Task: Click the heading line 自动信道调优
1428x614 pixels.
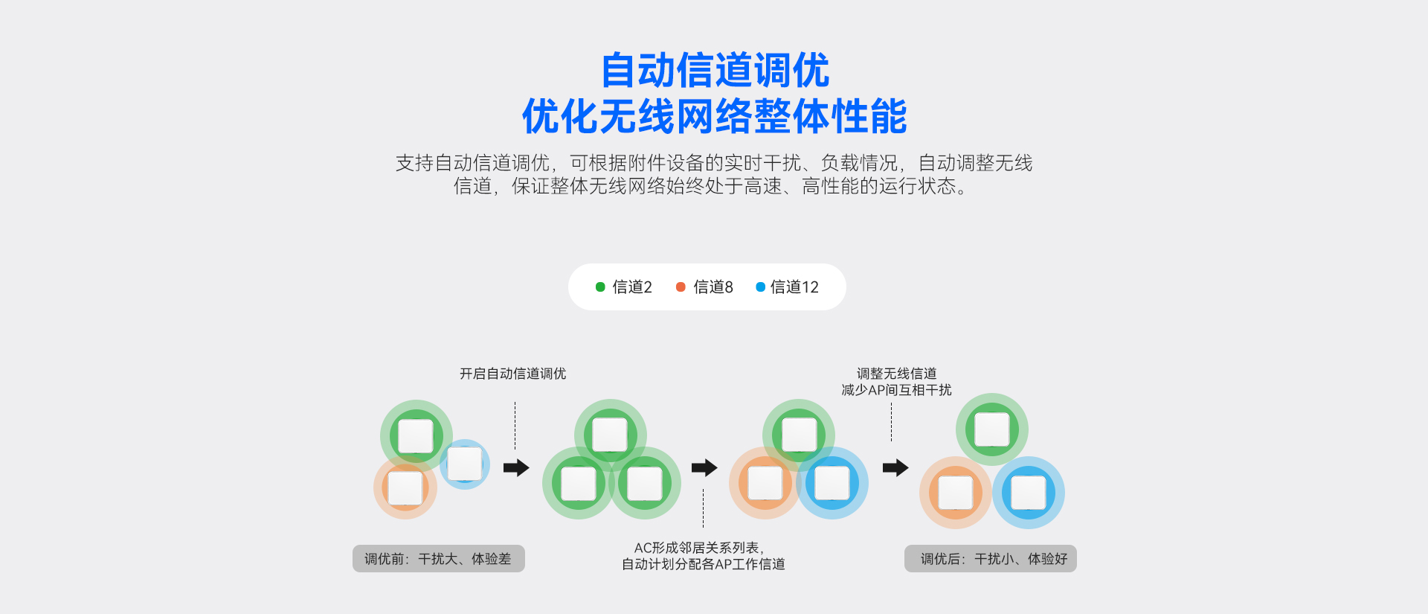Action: (x=714, y=71)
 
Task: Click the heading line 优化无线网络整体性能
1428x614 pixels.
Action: (x=714, y=117)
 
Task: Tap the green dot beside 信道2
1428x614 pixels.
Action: (x=600, y=287)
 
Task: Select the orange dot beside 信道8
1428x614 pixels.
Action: (x=681, y=287)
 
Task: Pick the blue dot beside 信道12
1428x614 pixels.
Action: (x=760, y=287)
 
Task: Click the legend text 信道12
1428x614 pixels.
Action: (x=794, y=287)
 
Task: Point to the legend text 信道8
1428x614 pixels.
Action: (x=713, y=287)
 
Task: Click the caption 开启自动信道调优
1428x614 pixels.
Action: (x=512, y=374)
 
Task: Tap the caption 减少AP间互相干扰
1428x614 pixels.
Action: (x=896, y=390)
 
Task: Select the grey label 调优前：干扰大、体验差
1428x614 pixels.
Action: (x=438, y=559)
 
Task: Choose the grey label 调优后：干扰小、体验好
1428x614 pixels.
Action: (x=991, y=559)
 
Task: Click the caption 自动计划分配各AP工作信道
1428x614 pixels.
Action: (x=703, y=564)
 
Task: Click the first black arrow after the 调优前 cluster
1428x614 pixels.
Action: (x=516, y=467)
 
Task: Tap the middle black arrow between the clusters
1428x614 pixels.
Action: (x=704, y=467)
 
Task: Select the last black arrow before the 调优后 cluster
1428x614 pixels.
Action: (x=895, y=467)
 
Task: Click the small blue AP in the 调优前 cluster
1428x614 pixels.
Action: (x=465, y=464)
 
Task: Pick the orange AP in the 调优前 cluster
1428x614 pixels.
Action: (x=405, y=488)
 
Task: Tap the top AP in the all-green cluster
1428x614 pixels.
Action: (x=610, y=435)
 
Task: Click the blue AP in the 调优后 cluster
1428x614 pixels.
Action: (x=1029, y=493)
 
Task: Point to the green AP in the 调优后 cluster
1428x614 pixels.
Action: (x=992, y=429)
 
